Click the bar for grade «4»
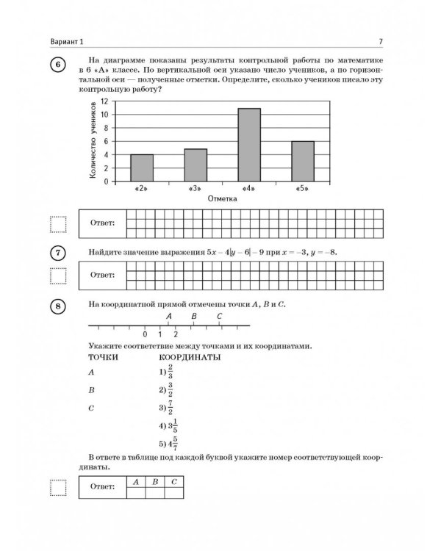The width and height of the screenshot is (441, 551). coord(249,145)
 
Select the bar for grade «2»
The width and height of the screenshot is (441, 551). coord(142,168)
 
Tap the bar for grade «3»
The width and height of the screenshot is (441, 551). coord(196,165)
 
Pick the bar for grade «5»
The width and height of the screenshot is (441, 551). coord(302,161)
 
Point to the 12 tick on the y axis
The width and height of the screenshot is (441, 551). coord(105,101)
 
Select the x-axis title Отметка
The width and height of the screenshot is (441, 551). coord(222,198)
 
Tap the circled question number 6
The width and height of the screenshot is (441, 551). coord(58,64)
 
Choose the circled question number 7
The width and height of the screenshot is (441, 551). coord(58,253)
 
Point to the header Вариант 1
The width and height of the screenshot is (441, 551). coord(65,40)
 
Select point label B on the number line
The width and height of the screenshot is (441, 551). coord(193,317)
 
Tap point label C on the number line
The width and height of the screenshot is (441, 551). coord(220,317)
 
